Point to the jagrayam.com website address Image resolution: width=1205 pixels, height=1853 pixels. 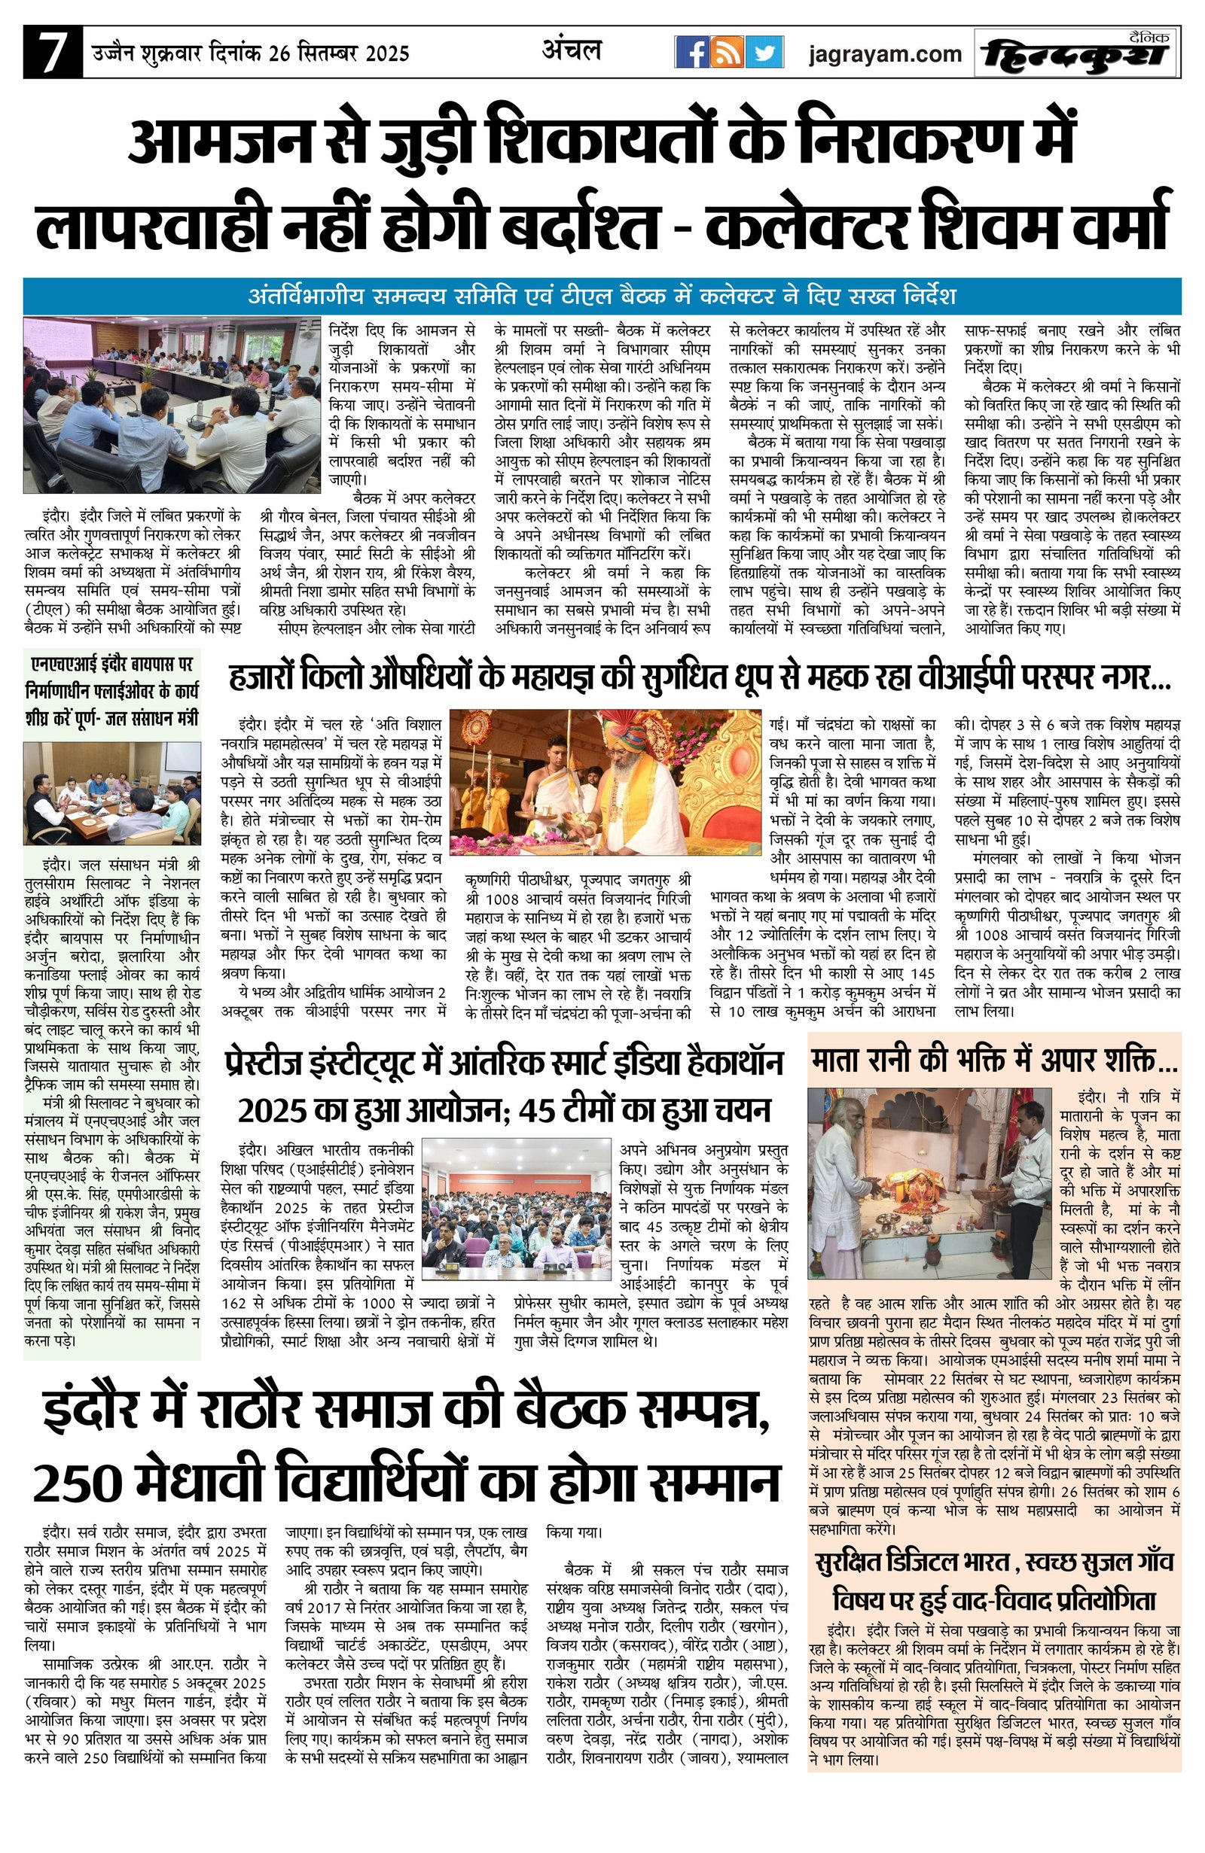coord(885,54)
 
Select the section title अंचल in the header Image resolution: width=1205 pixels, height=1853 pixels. coord(572,50)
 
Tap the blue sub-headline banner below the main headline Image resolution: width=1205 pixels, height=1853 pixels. coord(601,297)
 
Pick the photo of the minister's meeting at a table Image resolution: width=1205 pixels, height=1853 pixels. coord(111,793)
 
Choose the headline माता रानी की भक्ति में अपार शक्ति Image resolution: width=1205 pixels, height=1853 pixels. coord(994,1060)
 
